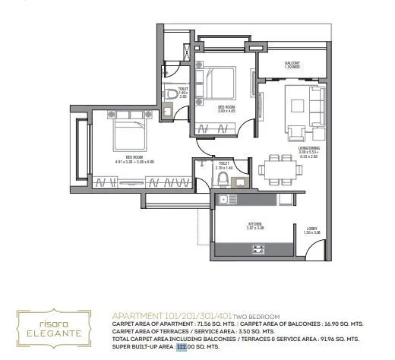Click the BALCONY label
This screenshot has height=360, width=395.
pos(292,65)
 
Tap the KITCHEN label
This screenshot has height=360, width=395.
pos(254,226)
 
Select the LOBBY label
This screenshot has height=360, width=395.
pos(312,230)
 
